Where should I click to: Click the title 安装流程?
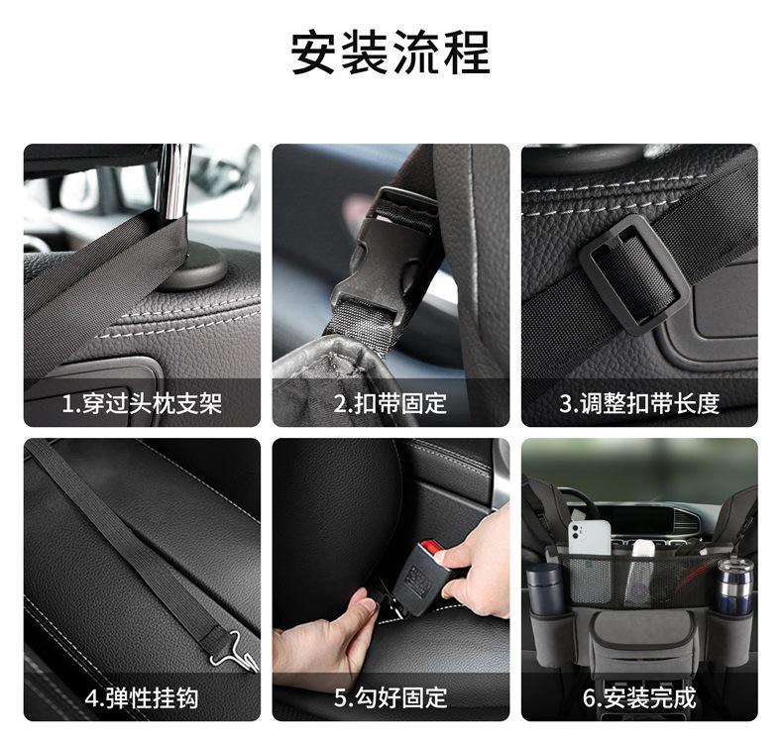click(391, 53)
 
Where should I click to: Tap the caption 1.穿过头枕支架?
click(142, 403)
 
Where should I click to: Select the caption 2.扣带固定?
click(390, 403)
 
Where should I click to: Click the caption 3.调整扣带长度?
click(639, 403)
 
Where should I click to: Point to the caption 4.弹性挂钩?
click(142, 697)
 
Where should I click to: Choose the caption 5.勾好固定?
click(390, 697)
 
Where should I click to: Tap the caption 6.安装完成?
click(639, 697)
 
